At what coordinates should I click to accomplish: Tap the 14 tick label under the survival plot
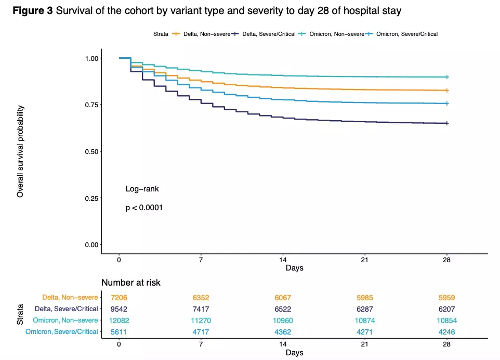pos(283,260)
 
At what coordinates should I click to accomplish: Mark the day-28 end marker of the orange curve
pos(446,91)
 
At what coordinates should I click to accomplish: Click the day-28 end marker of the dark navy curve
pos(446,123)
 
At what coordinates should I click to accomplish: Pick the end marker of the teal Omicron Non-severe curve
pos(446,77)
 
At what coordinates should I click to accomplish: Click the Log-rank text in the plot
pos(142,189)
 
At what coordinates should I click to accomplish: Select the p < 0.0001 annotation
pos(144,208)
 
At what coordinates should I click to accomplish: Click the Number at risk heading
pos(130,282)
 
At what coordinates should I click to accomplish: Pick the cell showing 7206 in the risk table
pos(119,298)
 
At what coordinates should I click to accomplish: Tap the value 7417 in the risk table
pos(201,309)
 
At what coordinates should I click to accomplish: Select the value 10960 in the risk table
pos(283,320)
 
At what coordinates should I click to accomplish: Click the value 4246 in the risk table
pos(446,331)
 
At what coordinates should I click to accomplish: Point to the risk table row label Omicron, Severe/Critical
pos(61,331)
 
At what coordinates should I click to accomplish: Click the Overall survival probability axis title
pos(20,151)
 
